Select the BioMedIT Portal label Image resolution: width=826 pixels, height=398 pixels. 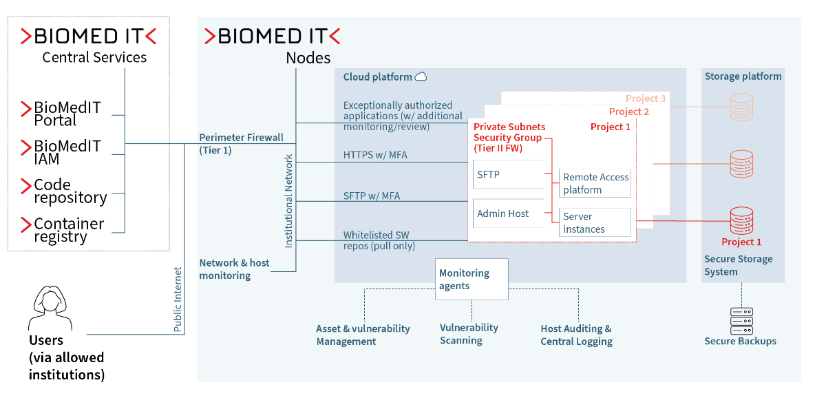point(67,114)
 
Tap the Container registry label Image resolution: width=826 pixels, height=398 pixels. point(69,230)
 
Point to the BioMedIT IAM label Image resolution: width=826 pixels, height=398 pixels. point(67,152)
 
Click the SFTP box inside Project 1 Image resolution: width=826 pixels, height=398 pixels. point(509,175)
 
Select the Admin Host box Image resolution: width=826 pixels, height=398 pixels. point(509,213)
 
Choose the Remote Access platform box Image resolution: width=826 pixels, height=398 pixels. point(595,183)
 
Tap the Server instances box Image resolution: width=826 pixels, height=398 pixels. point(595,222)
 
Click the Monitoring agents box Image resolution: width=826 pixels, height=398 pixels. point(472,279)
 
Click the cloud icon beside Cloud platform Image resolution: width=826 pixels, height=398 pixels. point(420,77)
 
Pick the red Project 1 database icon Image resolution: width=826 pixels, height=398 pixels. point(741,220)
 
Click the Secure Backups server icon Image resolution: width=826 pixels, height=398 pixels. point(741,321)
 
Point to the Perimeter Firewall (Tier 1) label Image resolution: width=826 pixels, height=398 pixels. point(241,143)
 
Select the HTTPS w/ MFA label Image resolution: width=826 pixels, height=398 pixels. point(375,155)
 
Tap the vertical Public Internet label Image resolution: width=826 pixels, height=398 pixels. point(178,300)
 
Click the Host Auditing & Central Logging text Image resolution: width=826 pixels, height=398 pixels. point(576,335)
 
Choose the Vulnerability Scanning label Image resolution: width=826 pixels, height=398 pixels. point(469,334)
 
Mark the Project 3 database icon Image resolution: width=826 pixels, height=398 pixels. point(741,107)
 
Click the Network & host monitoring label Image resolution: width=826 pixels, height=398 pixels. point(234,269)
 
